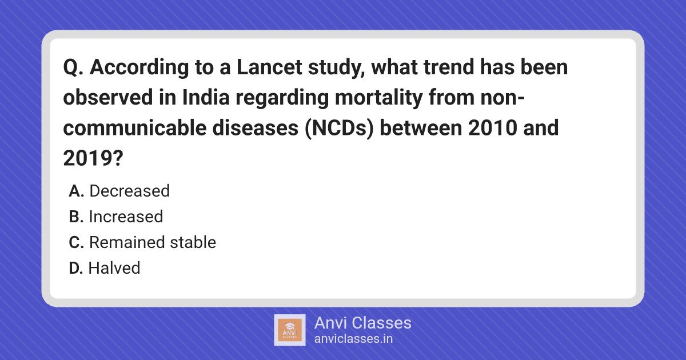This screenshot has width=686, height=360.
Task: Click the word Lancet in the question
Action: point(269,67)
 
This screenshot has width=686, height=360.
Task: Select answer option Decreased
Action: point(129,191)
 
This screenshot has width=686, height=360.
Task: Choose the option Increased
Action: point(126,217)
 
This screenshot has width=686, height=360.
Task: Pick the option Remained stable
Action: point(153,242)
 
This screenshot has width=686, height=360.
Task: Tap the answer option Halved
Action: point(114,268)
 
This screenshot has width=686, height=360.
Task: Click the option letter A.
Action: point(76,191)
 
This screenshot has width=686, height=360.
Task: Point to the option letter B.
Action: point(76,217)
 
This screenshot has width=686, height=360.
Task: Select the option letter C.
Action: point(76,243)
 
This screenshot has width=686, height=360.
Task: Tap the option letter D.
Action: point(76,269)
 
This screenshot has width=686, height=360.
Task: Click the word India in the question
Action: point(205,97)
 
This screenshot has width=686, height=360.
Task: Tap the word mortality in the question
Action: point(378,98)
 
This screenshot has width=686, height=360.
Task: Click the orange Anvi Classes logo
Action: point(289,330)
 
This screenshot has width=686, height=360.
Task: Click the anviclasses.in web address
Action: point(353,339)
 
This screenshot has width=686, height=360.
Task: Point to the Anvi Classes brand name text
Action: point(363,323)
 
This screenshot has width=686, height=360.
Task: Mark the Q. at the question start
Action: point(73,67)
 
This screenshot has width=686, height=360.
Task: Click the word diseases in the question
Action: point(256,128)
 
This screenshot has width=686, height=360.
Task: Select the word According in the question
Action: point(139,67)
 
